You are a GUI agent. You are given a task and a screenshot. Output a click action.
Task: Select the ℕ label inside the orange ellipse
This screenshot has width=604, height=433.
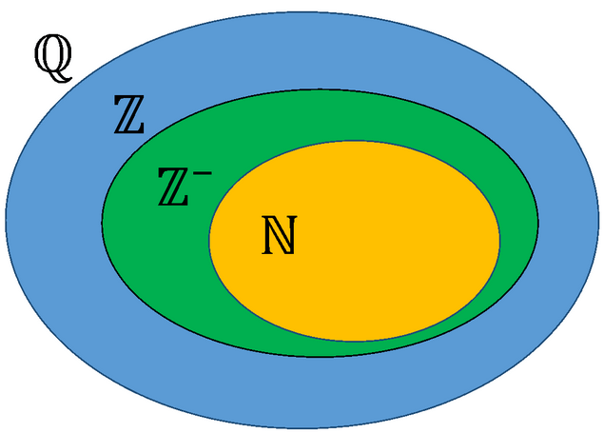pos(279,236)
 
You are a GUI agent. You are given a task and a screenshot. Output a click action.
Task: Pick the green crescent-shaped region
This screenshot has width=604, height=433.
pos(152,238)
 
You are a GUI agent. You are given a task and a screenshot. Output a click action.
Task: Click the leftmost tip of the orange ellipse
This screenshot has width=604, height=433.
pos(209,240)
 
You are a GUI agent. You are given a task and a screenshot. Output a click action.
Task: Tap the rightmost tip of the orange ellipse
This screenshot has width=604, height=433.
pos(501,240)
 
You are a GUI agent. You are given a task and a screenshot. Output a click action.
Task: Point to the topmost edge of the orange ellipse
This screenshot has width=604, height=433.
pos(355,140)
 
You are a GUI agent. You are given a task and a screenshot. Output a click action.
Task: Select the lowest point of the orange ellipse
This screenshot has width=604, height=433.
pos(355,340)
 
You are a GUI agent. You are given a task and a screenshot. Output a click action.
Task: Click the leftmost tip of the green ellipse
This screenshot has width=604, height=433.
pos(102,225)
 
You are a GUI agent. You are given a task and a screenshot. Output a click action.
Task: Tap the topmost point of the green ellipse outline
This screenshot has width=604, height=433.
pos(321,92)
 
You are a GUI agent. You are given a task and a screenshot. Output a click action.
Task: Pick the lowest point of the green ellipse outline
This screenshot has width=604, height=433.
pos(321,357)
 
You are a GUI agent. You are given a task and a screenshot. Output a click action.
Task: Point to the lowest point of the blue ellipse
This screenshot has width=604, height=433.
pos(302,427)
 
